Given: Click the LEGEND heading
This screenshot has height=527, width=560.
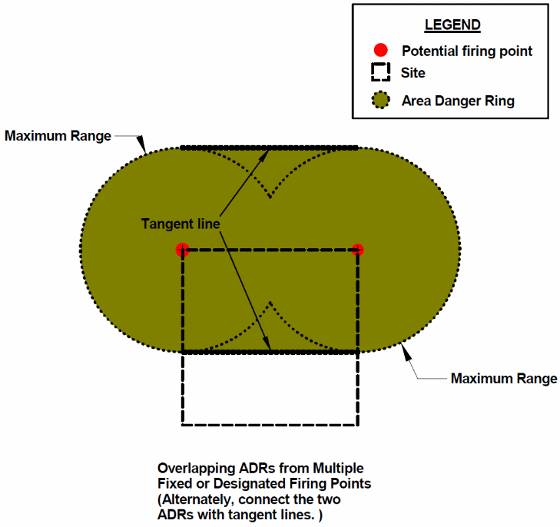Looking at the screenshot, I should (x=452, y=25).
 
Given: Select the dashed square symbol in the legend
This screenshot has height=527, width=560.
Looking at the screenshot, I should (x=379, y=74).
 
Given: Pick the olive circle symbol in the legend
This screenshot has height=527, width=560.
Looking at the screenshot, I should (x=379, y=101).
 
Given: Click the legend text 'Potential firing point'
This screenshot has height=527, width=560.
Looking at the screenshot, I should (x=466, y=51).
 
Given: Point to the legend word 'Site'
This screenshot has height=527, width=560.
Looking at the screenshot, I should (x=413, y=74).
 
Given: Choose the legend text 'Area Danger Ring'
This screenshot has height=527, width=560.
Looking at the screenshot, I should (x=458, y=101).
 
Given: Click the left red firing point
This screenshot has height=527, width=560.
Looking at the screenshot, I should (x=182, y=249).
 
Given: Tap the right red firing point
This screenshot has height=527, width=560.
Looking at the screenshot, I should (x=357, y=249).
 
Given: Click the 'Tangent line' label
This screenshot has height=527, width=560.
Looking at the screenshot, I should (x=181, y=224).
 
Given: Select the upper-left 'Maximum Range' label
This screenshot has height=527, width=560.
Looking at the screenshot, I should (x=58, y=136).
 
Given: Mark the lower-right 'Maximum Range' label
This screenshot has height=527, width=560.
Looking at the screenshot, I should (x=504, y=378).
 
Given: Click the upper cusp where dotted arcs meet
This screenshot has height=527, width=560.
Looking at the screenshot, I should (x=270, y=197).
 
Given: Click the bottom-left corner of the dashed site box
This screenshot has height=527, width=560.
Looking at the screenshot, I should (x=183, y=424).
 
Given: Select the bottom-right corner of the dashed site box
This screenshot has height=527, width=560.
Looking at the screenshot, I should (x=358, y=424).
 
